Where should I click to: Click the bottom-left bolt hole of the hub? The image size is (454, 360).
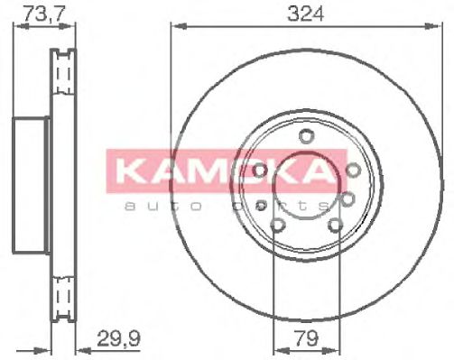click(277, 225)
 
